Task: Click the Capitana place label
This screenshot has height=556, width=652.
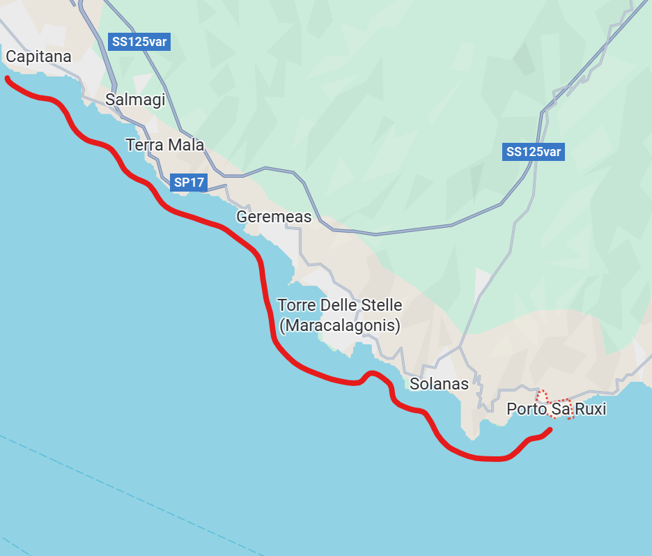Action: pyautogui.click(x=38, y=56)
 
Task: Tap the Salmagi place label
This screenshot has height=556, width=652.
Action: pyautogui.click(x=135, y=100)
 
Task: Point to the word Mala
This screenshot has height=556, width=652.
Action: pyautogui.click(x=185, y=145)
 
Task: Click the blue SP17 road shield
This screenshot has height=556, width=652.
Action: pyautogui.click(x=189, y=183)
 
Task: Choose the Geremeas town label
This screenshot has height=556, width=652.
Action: pyautogui.click(x=274, y=217)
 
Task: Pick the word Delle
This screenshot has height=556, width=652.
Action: pyautogui.click(x=337, y=305)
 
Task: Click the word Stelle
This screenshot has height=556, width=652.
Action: pyautogui.click(x=380, y=305)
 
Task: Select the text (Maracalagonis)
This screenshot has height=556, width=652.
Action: pyautogui.click(x=339, y=325)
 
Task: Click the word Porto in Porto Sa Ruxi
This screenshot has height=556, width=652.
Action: pyautogui.click(x=526, y=409)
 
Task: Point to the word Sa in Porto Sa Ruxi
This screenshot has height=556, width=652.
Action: pyautogui.click(x=561, y=409)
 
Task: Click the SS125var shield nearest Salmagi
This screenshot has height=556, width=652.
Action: pyautogui.click(x=140, y=42)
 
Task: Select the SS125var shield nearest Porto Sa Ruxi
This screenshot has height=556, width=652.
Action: pyautogui.click(x=534, y=152)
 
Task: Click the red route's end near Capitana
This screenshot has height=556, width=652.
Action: pyautogui.click(x=7, y=79)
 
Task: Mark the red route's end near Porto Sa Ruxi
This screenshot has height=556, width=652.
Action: pyautogui.click(x=550, y=430)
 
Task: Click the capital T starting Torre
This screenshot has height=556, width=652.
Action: pyautogui.click(x=282, y=305)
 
